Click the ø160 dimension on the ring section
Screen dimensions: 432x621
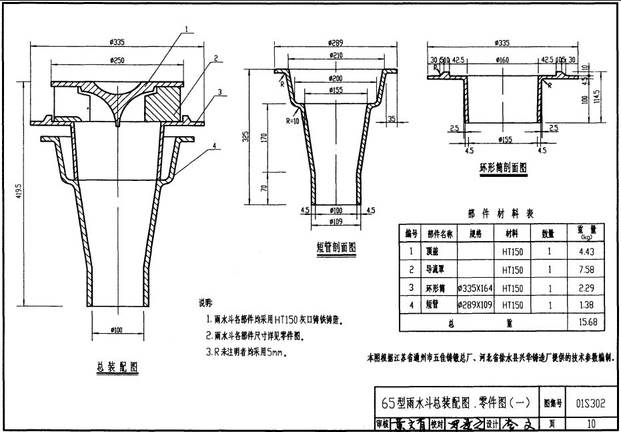coord(502,59)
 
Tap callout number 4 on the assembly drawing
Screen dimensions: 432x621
coord(214,145)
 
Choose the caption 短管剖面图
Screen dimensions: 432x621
coord(336,248)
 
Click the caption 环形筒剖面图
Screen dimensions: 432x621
coord(502,168)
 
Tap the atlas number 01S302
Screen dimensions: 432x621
coord(590,403)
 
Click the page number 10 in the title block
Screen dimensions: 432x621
coord(591,423)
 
